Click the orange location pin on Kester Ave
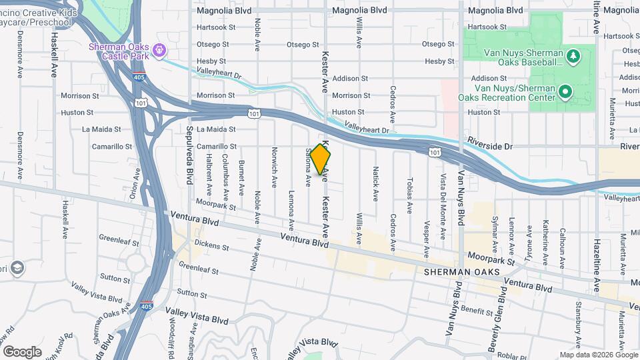click(x=320, y=159)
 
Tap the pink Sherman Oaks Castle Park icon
click(x=159, y=50)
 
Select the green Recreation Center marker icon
click(x=565, y=91)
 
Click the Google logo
click(x=22, y=351)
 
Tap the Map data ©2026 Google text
click(x=598, y=355)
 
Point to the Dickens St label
click(x=212, y=247)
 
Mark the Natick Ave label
click(x=375, y=183)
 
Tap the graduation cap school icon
click(x=18, y=268)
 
